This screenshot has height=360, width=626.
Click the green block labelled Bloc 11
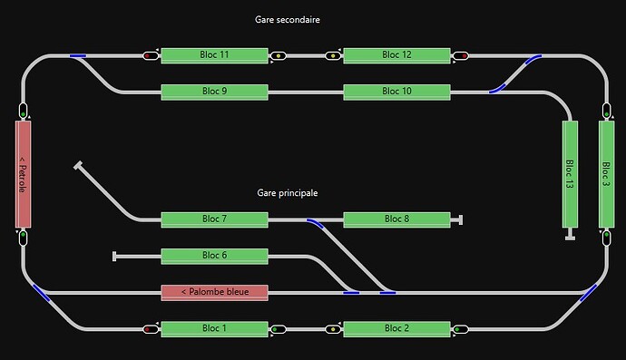214,55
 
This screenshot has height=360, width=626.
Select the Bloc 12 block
396,55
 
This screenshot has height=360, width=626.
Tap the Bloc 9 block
214,92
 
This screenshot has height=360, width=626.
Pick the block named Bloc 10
396,92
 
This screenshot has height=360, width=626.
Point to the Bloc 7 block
214,219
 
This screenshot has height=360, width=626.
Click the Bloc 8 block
396,219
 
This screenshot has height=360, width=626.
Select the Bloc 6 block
214,256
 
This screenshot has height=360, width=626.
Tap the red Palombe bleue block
214,292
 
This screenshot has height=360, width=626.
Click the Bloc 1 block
214,328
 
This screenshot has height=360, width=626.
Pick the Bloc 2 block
396,328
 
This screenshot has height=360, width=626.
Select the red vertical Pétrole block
24,174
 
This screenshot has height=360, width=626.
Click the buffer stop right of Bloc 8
461,219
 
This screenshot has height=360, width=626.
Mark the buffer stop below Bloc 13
570,238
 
